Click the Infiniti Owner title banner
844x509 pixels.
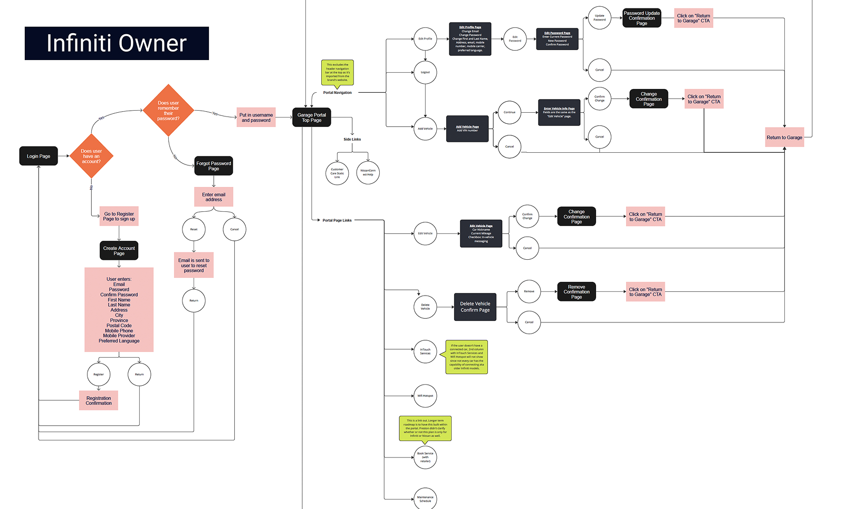(x=117, y=43)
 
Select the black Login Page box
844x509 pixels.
(x=39, y=156)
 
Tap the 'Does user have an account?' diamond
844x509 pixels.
(x=91, y=156)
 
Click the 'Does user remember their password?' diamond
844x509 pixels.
(x=168, y=111)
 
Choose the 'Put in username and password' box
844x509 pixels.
(x=256, y=118)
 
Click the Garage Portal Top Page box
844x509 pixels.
(x=312, y=118)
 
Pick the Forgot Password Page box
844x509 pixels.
(x=214, y=166)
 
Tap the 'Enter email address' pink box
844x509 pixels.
(x=214, y=197)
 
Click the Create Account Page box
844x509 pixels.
(x=119, y=251)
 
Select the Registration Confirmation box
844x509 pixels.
(x=99, y=400)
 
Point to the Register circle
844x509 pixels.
(x=99, y=375)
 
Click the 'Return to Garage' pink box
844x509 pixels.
(x=784, y=138)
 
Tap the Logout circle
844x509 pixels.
(x=425, y=72)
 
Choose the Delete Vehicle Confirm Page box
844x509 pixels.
(x=475, y=307)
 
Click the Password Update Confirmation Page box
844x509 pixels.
(x=641, y=18)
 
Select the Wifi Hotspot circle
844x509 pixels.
(x=425, y=396)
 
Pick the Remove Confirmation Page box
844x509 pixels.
(x=577, y=292)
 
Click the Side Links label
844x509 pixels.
(x=352, y=140)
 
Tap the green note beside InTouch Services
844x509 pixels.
(x=467, y=357)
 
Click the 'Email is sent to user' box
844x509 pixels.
(x=194, y=265)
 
